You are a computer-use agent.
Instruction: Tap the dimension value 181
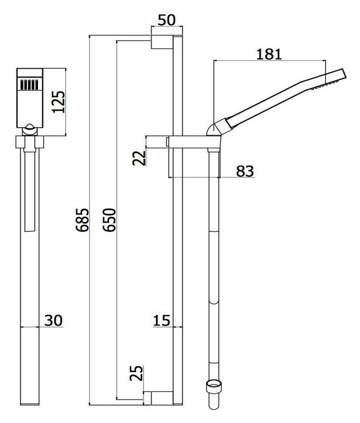pos(269,53)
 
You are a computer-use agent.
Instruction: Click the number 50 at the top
pos(166,20)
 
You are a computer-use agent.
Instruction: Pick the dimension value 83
pos(245,171)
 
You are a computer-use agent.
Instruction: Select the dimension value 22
pos(140,158)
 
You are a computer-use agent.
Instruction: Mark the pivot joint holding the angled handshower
pos(213,129)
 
